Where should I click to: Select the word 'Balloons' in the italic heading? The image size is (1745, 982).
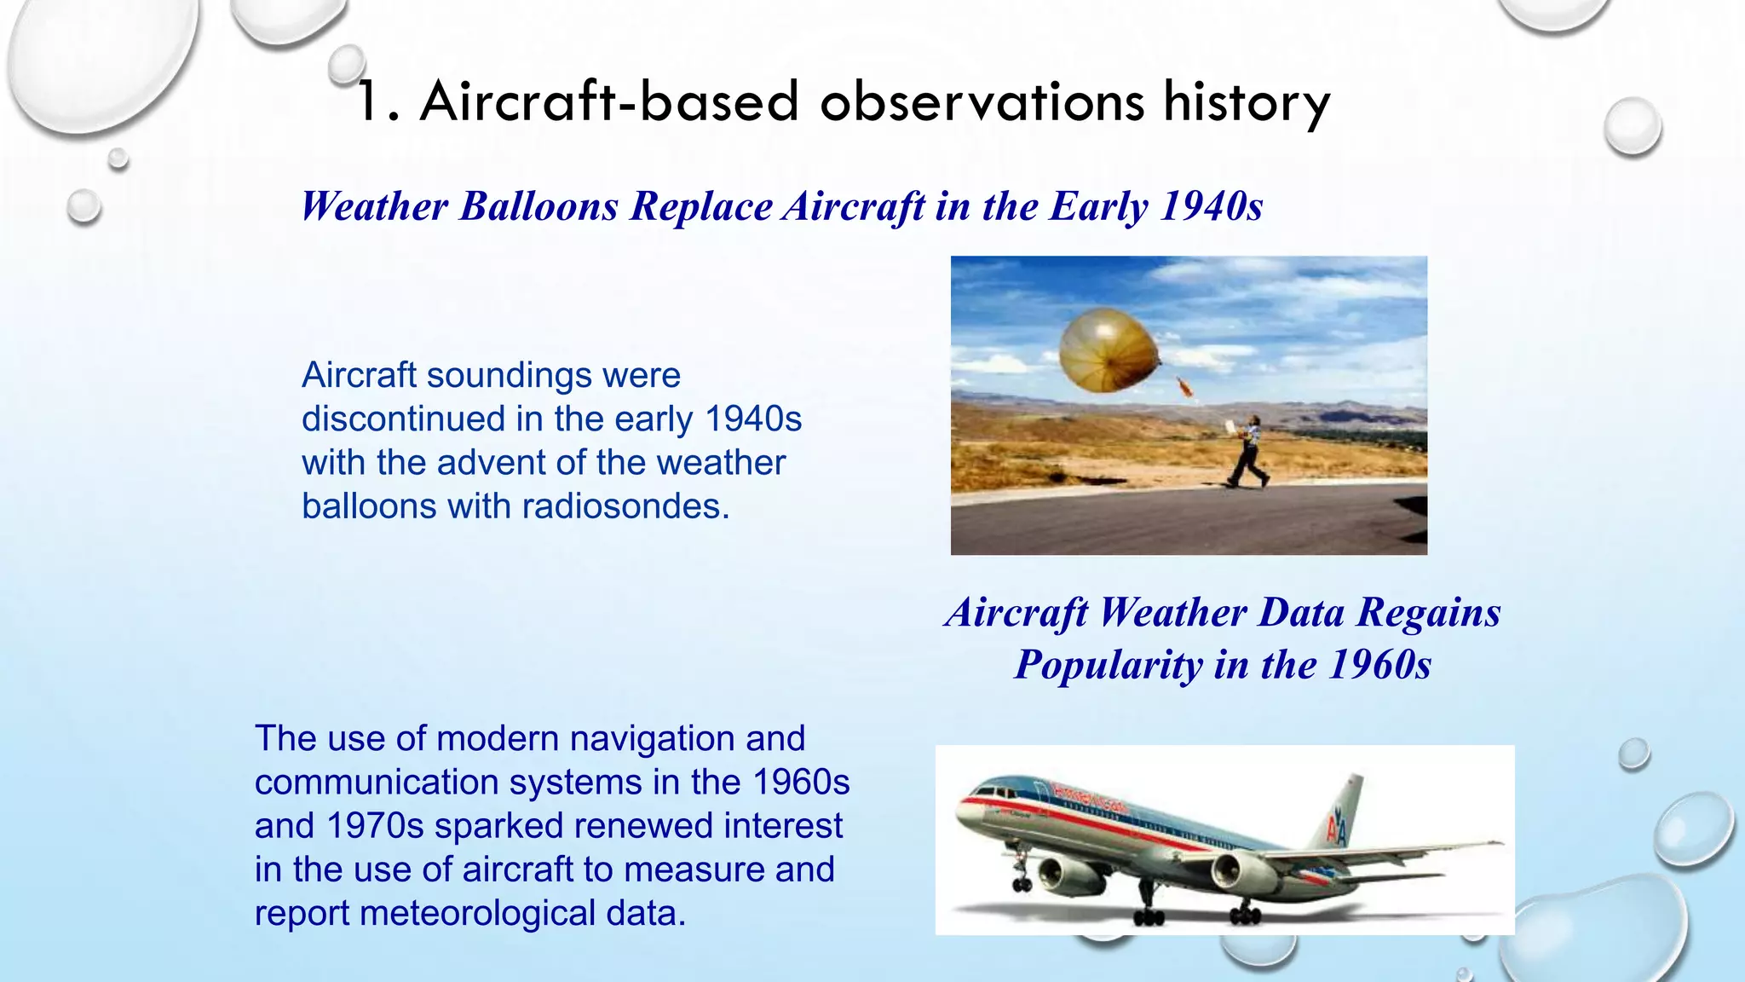(x=538, y=206)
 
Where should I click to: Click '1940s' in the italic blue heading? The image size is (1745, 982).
(x=1211, y=206)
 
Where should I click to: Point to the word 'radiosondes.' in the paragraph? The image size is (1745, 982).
(x=626, y=506)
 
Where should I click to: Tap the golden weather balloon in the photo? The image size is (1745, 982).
(x=1106, y=350)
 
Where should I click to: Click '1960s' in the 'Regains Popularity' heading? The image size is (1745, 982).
(x=1380, y=665)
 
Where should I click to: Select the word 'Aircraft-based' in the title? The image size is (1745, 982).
(x=609, y=102)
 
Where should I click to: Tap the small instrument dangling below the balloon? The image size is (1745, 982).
(x=1184, y=389)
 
